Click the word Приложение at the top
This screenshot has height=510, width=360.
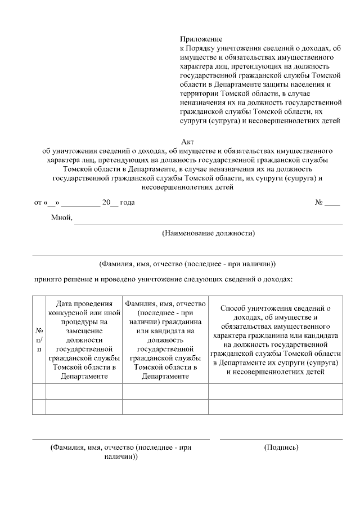pyautogui.click(x=201, y=39)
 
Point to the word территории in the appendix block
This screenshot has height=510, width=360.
pyautogui.click(x=200, y=93)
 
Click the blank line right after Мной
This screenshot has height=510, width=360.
pyautogui.click(x=208, y=222)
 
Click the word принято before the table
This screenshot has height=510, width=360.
pyautogui.click(x=47, y=279)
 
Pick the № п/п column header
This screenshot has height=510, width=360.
pyautogui.click(x=39, y=341)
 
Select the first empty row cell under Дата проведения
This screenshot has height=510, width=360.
pyautogui.click(x=84, y=391)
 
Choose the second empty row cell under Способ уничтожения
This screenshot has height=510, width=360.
pyautogui.click(x=275, y=406)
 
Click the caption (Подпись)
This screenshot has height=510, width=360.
pyautogui.click(x=281, y=448)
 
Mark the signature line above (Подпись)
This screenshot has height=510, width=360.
pyautogui.click(x=281, y=439)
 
